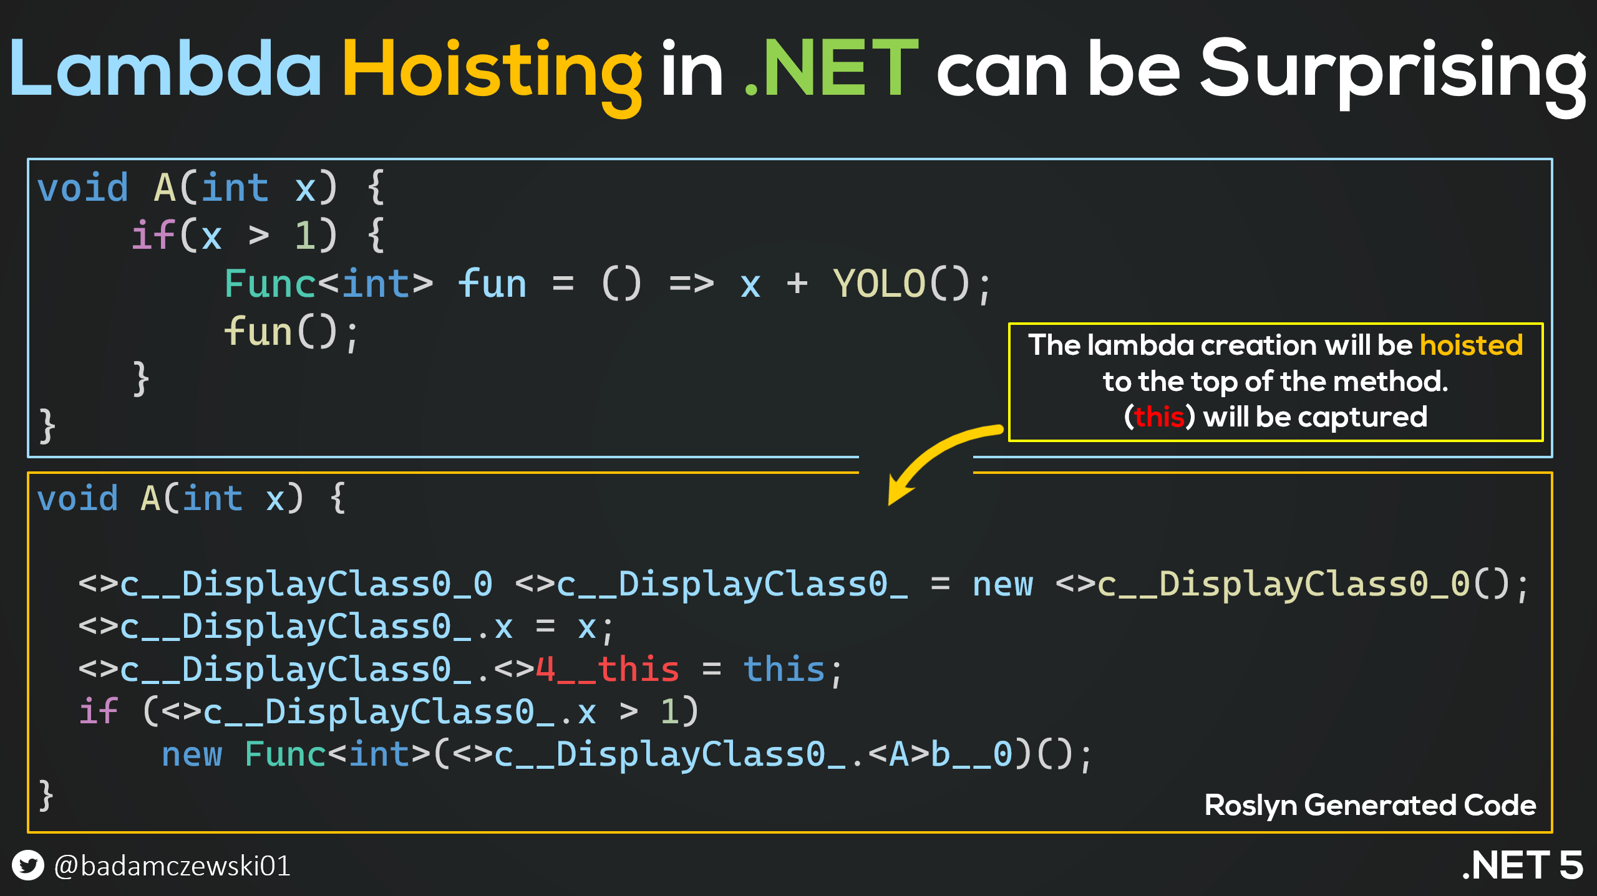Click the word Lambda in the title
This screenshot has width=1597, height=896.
pos(165,69)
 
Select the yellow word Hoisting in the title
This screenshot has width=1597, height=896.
pos(492,75)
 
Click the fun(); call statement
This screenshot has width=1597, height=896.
pos(291,332)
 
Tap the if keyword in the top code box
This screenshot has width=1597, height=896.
pos(153,236)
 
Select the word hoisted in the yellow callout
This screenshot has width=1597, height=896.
pos(1471,345)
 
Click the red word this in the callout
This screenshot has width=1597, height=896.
pos(1159,417)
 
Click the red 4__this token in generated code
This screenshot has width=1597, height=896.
pos(607,670)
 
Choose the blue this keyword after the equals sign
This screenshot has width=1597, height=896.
pos(784,670)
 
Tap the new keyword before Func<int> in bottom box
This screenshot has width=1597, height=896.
pos(192,755)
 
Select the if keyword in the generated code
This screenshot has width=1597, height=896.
pos(99,711)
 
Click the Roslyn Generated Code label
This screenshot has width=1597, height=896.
pos(1370,806)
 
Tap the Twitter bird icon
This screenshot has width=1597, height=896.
pos(28,865)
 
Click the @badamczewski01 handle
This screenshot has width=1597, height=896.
pos(172,866)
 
